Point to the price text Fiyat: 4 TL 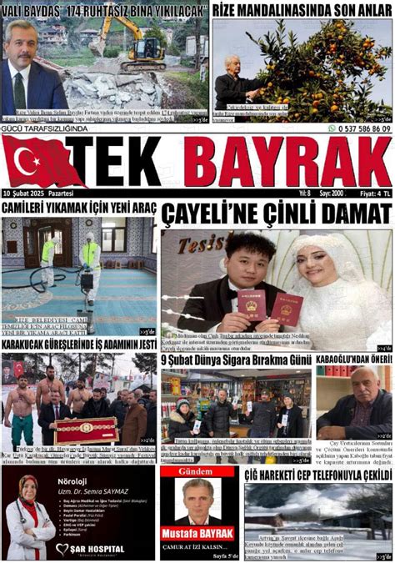coord(370,193)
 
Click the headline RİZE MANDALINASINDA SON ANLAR coord(301,9)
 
